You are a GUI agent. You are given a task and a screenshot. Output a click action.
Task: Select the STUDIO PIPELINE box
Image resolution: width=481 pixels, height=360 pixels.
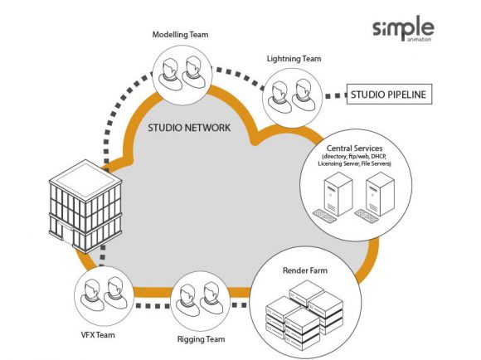(388, 95)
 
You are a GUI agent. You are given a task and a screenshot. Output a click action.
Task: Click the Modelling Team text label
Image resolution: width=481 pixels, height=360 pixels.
(180, 35)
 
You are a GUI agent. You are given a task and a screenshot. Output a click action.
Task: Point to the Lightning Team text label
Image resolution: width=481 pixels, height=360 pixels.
(294, 59)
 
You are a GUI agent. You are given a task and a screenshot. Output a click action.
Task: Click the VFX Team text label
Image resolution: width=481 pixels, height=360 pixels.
(97, 335)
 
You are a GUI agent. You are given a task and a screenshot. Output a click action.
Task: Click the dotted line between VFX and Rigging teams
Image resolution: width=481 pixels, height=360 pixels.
(149, 304)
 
